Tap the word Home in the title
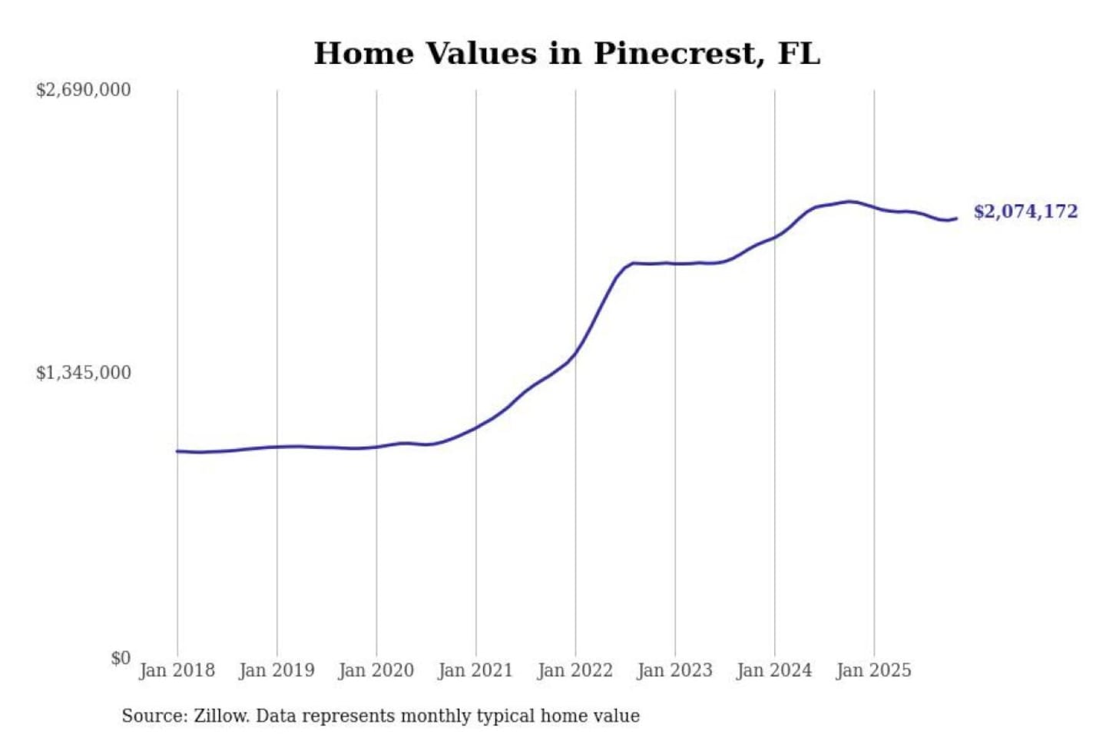click(x=363, y=54)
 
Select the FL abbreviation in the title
click(x=799, y=54)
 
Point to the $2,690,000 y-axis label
click(x=84, y=90)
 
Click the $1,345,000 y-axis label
click(x=84, y=373)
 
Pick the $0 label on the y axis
click(x=121, y=658)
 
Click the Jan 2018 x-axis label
click(x=177, y=670)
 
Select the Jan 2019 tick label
click(x=276, y=670)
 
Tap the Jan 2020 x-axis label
click(x=376, y=670)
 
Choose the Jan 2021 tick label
click(x=475, y=670)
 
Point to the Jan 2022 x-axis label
click(x=575, y=670)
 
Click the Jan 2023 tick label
click(x=675, y=670)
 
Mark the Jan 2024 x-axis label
click(x=774, y=670)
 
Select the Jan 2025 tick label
click(x=874, y=670)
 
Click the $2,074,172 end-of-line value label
click(x=1026, y=211)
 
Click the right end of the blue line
click(x=956, y=218)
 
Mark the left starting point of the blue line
click(x=177, y=451)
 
